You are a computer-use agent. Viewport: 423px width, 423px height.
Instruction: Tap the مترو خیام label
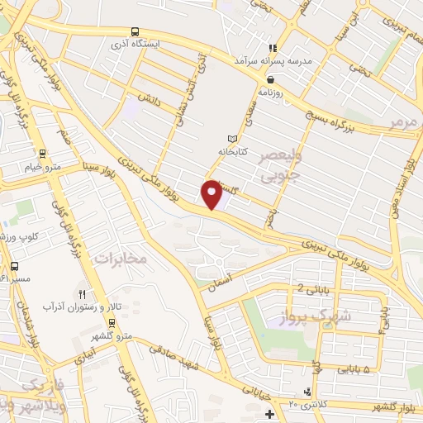(44, 168)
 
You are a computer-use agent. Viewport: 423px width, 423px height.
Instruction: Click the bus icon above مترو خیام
(42, 153)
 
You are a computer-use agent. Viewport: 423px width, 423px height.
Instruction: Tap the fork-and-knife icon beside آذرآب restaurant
(81, 294)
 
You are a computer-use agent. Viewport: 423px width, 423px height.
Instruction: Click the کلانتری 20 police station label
(308, 403)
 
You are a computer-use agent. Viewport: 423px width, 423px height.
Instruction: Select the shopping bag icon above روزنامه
(270, 79)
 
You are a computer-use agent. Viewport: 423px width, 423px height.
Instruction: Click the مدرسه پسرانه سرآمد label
(269, 61)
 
